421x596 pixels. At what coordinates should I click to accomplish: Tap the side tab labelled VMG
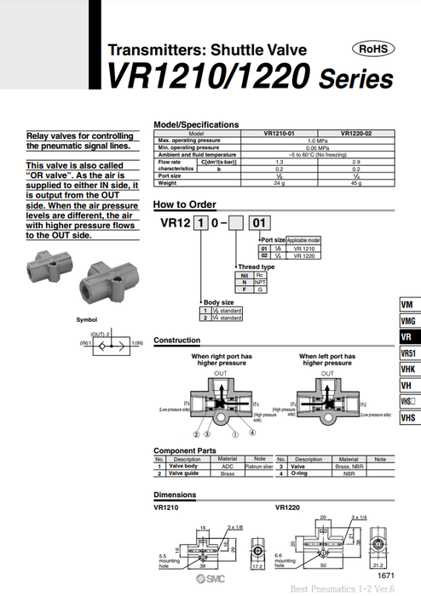tap(409, 321)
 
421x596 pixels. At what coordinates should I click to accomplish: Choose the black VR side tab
tap(408, 337)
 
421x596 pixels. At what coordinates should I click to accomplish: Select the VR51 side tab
tap(409, 353)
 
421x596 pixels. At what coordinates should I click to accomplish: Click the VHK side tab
tap(409, 370)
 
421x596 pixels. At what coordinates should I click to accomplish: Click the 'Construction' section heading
tap(176, 341)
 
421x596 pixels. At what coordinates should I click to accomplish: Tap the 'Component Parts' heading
tap(185, 450)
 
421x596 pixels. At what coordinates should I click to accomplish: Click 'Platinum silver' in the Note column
tap(257, 467)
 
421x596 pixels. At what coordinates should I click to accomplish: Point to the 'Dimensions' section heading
tap(174, 495)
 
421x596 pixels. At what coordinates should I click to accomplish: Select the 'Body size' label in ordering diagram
tap(217, 302)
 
